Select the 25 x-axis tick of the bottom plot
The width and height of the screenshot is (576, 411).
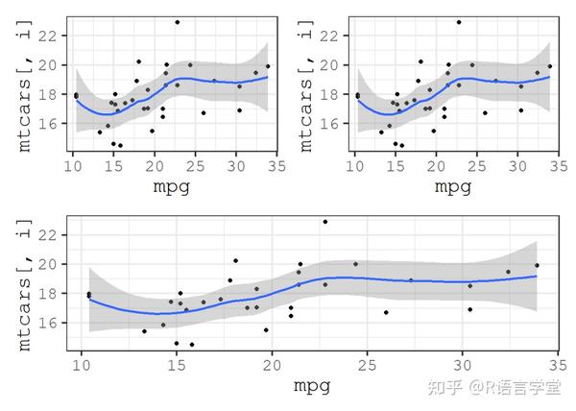368,365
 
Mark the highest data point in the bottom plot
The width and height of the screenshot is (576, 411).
324,222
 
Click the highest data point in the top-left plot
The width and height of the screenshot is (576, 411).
177,22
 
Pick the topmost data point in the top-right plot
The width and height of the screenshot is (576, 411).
458,22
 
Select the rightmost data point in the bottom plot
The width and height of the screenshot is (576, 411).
537,265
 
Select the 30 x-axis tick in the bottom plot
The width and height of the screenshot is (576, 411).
462,365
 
